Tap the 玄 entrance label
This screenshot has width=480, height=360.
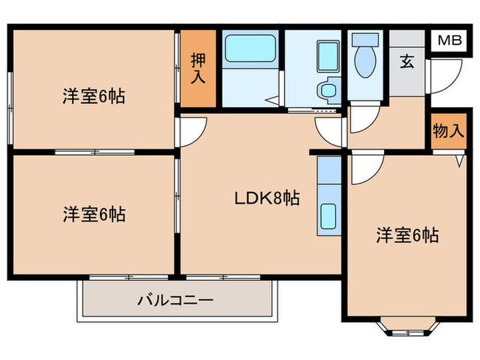pyautogui.click(x=407, y=62)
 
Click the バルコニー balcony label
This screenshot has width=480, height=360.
pyautogui.click(x=176, y=300)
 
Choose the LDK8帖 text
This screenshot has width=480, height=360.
pyautogui.click(x=267, y=199)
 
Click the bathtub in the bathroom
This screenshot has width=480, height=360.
pyautogui.click(x=249, y=49)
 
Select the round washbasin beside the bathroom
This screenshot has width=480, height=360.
pyautogui.click(x=328, y=89)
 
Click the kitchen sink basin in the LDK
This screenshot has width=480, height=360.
pyautogui.click(x=328, y=217)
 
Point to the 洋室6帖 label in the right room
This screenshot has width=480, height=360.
pyautogui.click(x=407, y=236)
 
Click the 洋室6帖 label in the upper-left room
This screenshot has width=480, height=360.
pyautogui.click(x=94, y=97)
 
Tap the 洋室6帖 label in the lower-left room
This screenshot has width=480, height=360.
pyautogui.click(x=94, y=215)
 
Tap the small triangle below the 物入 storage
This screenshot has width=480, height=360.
pyautogui.click(x=459, y=162)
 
